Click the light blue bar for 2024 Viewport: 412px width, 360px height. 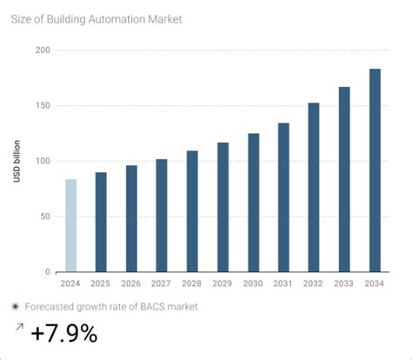(x=71, y=225)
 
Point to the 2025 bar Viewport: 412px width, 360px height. (x=101, y=222)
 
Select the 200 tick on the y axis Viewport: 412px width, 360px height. (x=42, y=50)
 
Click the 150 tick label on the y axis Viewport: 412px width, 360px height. (x=42, y=106)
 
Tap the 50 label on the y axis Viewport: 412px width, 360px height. (x=44, y=217)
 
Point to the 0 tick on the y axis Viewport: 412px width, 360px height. (x=47, y=272)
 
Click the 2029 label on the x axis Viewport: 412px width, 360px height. (x=223, y=283)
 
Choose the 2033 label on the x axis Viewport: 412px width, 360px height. (x=344, y=283)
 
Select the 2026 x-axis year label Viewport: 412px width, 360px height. (x=131, y=283)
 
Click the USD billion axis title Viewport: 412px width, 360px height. (x=17, y=162)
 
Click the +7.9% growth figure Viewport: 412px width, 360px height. (x=64, y=334)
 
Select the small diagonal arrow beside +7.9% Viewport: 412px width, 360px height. (x=19, y=328)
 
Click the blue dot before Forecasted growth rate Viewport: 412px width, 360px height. (x=17, y=306)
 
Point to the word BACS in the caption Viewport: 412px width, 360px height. (x=142, y=306)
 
